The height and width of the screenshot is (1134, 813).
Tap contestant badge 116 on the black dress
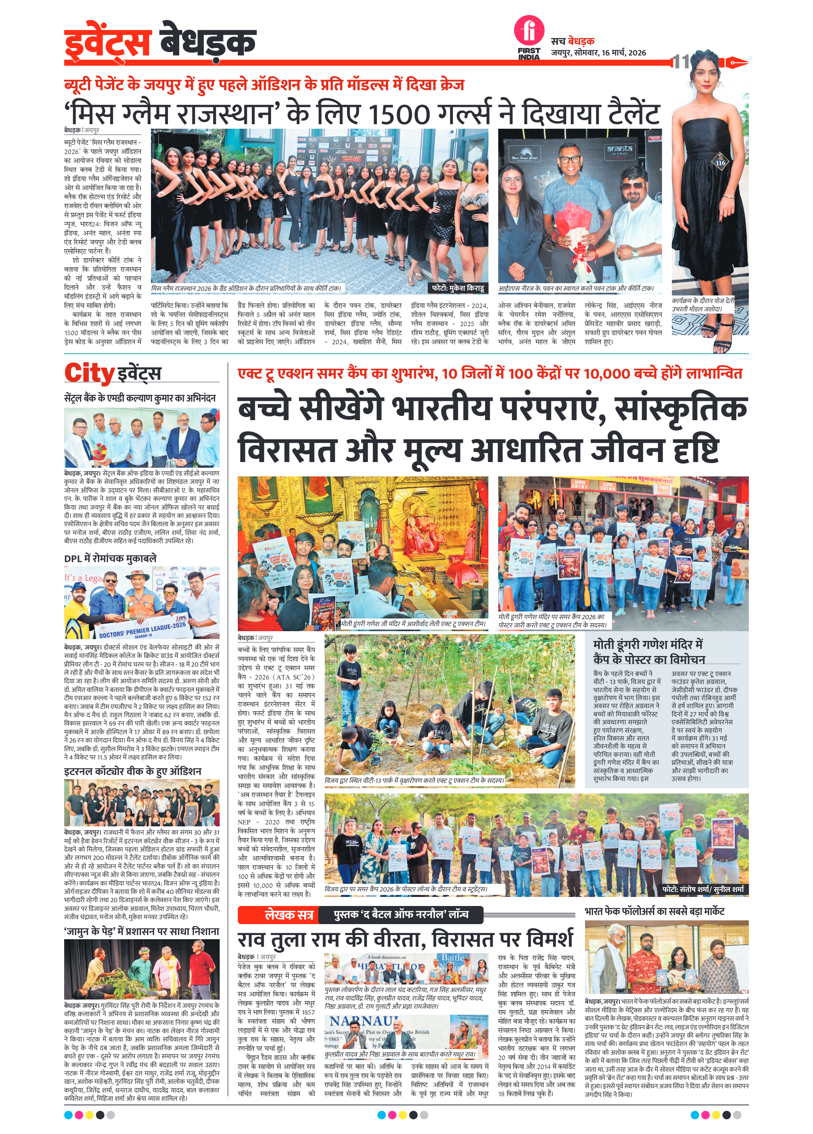720,162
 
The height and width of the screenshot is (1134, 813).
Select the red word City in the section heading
89,373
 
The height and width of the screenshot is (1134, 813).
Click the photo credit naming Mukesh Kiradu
458,288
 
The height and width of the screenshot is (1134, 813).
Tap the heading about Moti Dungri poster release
648,652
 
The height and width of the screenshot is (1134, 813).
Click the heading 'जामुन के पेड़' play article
142,932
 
